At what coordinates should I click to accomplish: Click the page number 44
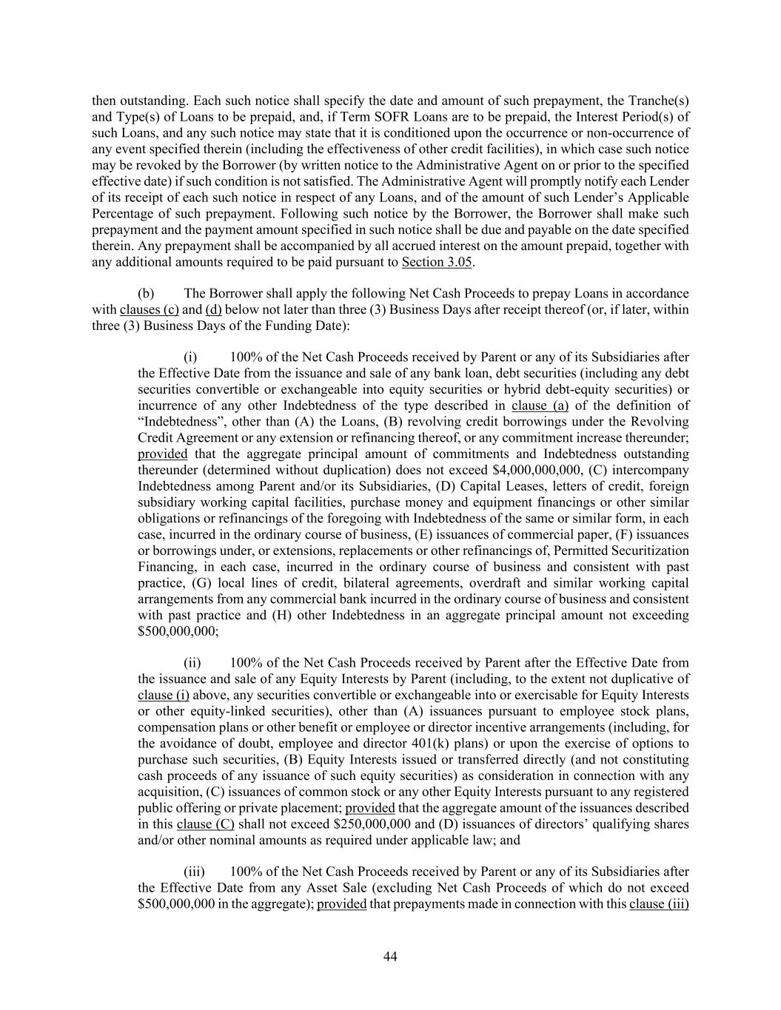tap(391, 957)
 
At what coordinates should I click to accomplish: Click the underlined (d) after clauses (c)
tap(213, 309)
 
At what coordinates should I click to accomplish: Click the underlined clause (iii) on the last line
tap(659, 903)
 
